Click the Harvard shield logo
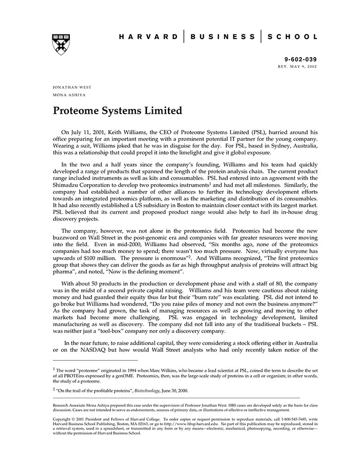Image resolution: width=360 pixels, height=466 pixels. point(61,45)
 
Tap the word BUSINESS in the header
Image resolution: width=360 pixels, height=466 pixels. point(222,37)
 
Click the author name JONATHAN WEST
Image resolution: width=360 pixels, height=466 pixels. point(72,87)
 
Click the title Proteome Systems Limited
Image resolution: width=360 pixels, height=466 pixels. point(117,111)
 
